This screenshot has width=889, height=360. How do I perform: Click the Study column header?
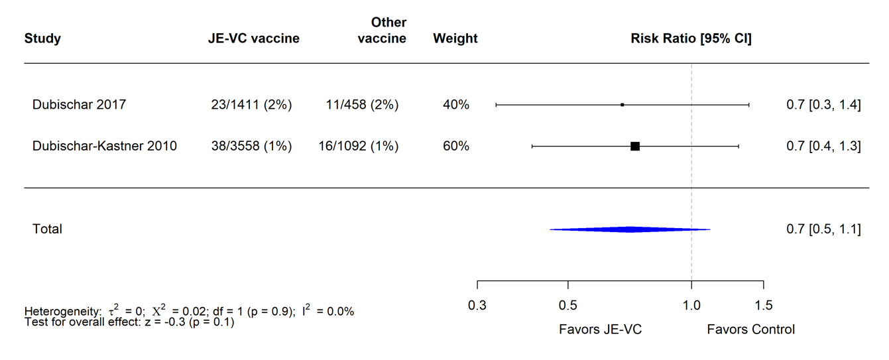42,38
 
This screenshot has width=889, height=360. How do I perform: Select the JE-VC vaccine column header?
253,38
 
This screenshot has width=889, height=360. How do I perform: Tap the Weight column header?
455,38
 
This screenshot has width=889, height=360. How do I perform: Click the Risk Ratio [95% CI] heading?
691,38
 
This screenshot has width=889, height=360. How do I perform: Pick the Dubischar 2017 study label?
79,105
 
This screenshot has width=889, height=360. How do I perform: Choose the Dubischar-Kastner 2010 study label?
104,147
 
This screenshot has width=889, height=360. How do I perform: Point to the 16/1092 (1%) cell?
358,147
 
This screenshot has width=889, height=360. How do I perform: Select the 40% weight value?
455,105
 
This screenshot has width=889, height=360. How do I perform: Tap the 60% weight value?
455,147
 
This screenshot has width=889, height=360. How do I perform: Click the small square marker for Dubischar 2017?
622,105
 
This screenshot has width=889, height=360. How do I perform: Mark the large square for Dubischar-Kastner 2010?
634,146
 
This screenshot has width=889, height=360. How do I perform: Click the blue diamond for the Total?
629,229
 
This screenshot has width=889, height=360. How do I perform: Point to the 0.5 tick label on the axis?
567,306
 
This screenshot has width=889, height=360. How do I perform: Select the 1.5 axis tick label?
763,306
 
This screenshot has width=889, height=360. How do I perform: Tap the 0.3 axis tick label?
477,306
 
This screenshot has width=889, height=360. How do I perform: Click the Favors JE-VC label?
600,329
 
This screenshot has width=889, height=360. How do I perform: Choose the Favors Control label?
750,329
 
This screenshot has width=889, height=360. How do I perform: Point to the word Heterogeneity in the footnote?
60,312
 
